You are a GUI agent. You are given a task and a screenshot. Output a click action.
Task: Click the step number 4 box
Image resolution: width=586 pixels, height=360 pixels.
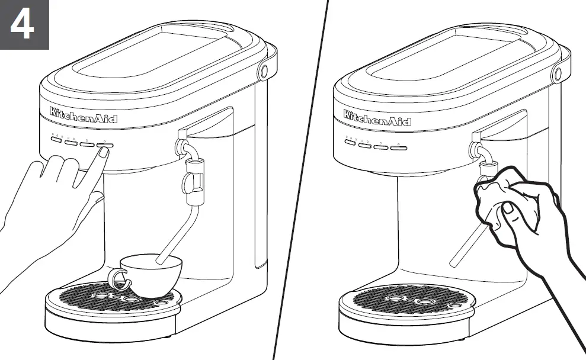pos(24,24)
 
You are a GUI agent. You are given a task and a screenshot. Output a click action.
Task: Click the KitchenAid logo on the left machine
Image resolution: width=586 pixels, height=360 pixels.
pos(84,115)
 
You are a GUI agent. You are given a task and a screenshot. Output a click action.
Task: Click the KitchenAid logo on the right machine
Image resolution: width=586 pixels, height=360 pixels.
pos(377,118)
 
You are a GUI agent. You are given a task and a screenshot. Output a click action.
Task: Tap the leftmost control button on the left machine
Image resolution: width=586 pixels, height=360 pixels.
pos(56,140)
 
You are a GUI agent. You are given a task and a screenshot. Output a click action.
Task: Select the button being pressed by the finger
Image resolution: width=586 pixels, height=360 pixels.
pos(105,144)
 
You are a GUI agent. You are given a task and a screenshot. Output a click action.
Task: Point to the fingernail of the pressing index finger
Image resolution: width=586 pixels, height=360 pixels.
pos(103,152)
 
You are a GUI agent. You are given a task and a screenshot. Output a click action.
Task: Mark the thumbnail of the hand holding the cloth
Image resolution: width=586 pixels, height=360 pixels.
pos(508,208)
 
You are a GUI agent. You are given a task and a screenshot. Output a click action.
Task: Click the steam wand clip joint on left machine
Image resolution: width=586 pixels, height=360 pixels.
pos(193,178)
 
